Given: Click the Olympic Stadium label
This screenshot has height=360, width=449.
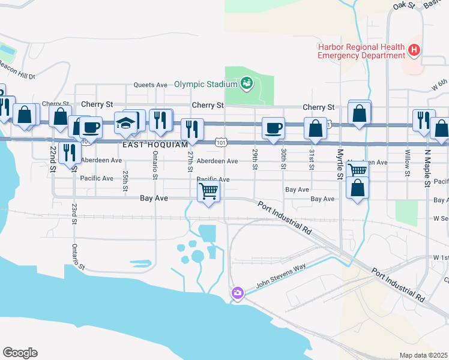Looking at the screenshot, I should [206, 84].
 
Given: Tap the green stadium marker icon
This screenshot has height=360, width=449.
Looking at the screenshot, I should [246, 83].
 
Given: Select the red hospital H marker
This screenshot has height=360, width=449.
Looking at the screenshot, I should [414, 50].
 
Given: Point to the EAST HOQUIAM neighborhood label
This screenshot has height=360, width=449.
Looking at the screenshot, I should [155, 145].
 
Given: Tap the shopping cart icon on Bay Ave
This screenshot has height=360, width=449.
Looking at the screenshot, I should [208, 191].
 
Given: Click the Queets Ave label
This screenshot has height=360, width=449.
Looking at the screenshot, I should [150, 85].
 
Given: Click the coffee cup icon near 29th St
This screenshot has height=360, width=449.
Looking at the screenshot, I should [274, 128].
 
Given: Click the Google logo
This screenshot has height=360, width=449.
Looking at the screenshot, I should [20, 353].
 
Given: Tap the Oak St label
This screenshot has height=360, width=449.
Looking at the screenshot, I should [404, 5].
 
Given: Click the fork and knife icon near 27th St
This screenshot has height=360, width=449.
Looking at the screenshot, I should [192, 129].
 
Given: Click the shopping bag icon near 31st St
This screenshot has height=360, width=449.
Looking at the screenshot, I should [315, 128].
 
